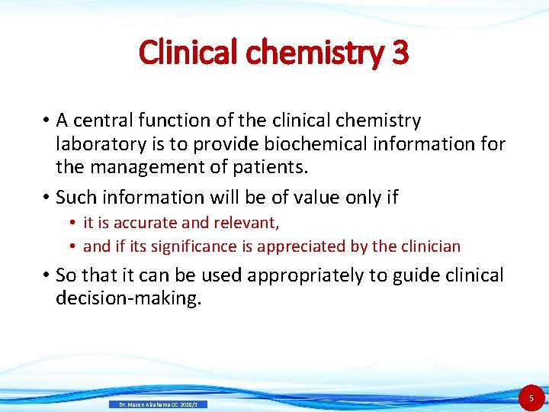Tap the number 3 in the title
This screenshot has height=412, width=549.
click(400, 53)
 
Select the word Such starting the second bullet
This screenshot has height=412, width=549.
click(77, 198)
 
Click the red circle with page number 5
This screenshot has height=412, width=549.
click(531, 398)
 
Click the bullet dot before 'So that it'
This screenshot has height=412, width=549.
click(46, 275)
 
